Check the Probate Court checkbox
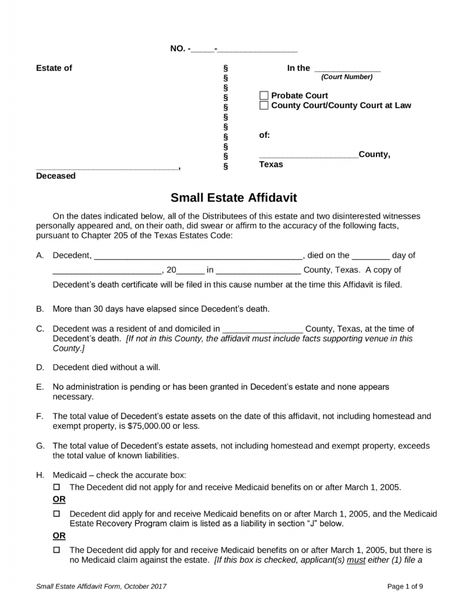pyautogui.click(x=264, y=96)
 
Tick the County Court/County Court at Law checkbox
pyautogui.click(x=264, y=106)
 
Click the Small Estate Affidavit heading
pyautogui.click(x=233, y=197)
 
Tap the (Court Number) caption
pyautogui.click(x=347, y=77)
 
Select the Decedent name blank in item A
pyautogui.click(x=198, y=256)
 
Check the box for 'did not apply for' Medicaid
pyautogui.click(x=58, y=487)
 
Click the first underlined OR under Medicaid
pyautogui.click(x=59, y=499)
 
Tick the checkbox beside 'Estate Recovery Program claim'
pyautogui.click(x=58, y=513)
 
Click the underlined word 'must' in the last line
pyautogui.click(x=356, y=560)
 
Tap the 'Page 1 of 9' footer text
pyautogui.click(x=405, y=587)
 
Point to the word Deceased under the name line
pyautogui.click(x=56, y=176)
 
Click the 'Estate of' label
pyautogui.click(x=54, y=68)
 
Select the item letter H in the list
pyautogui.click(x=40, y=475)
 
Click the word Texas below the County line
pyautogui.click(x=271, y=165)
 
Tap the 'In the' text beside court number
pyautogui.click(x=299, y=68)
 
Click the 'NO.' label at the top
pyautogui.click(x=178, y=49)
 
